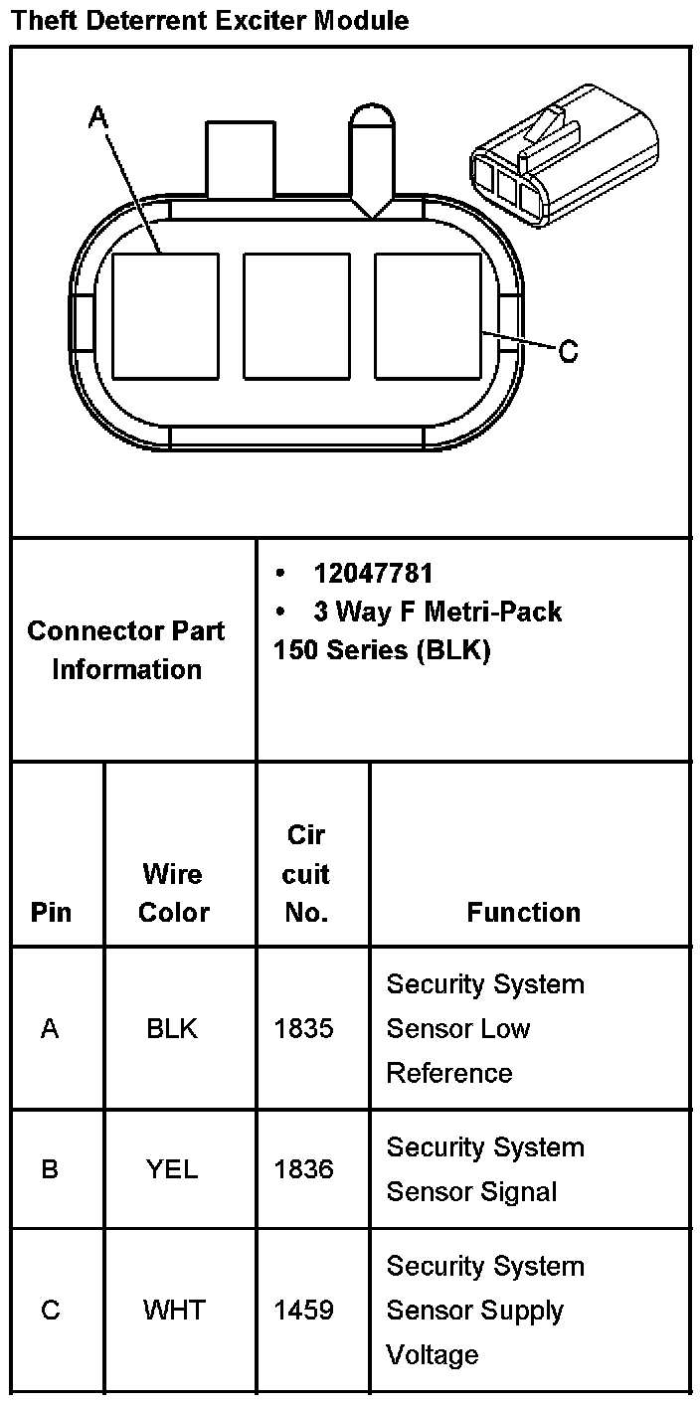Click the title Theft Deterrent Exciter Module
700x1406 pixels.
(x=211, y=20)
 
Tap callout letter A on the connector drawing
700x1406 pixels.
(x=97, y=118)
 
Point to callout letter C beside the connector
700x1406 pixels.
(x=568, y=351)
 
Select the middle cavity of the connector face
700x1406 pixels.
(x=296, y=316)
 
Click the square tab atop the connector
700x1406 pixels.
(x=240, y=159)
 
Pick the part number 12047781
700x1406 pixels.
(x=373, y=574)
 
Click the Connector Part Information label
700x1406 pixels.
(x=126, y=649)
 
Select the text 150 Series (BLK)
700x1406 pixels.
(x=382, y=650)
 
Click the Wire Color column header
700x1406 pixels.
(x=173, y=893)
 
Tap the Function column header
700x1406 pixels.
(x=523, y=912)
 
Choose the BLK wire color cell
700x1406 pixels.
(x=172, y=1029)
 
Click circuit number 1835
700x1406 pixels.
(x=304, y=1029)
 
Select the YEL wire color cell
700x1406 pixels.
(x=172, y=1169)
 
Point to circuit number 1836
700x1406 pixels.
(x=304, y=1169)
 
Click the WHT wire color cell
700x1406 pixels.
(x=174, y=1311)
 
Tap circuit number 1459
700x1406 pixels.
(x=304, y=1311)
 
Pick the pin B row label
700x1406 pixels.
(x=50, y=1169)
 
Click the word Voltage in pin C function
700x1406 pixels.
(x=433, y=1354)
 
